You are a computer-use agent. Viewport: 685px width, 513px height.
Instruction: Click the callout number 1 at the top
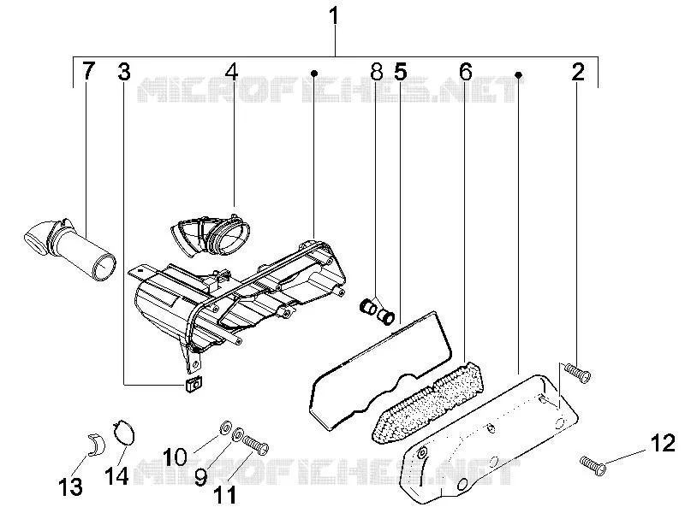pyautogui.click(x=334, y=16)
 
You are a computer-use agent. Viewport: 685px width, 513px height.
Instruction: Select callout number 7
pyautogui.click(x=89, y=71)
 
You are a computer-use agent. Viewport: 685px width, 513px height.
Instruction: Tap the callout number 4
pyautogui.click(x=231, y=72)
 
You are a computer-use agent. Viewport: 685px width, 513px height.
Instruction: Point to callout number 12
pyautogui.click(x=663, y=444)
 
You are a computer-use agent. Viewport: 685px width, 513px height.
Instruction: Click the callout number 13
pyautogui.click(x=70, y=486)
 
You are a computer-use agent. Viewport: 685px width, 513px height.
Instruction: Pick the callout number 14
pyautogui.click(x=116, y=475)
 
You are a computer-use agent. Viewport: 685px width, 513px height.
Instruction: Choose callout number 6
pyautogui.click(x=466, y=72)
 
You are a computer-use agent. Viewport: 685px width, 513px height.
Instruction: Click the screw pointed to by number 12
pyautogui.click(x=593, y=465)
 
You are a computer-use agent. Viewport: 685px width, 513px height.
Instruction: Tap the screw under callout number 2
pyautogui.click(x=577, y=373)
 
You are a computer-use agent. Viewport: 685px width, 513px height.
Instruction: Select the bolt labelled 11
pyautogui.click(x=255, y=445)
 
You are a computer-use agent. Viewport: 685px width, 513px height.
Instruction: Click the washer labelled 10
pyautogui.click(x=225, y=427)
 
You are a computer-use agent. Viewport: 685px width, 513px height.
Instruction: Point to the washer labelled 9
pyautogui.click(x=238, y=435)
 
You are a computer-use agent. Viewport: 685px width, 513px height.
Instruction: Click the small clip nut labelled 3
pyautogui.click(x=193, y=385)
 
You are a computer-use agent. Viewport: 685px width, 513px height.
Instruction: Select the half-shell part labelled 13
pyautogui.click(x=97, y=445)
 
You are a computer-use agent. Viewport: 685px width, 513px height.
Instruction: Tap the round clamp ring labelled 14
pyautogui.click(x=124, y=433)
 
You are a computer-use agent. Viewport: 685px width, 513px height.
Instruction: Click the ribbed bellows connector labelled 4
pyautogui.click(x=211, y=234)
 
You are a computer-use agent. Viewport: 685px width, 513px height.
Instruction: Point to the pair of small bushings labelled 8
pyautogui.click(x=377, y=311)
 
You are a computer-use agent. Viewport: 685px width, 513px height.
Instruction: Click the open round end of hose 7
pyautogui.click(x=104, y=266)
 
